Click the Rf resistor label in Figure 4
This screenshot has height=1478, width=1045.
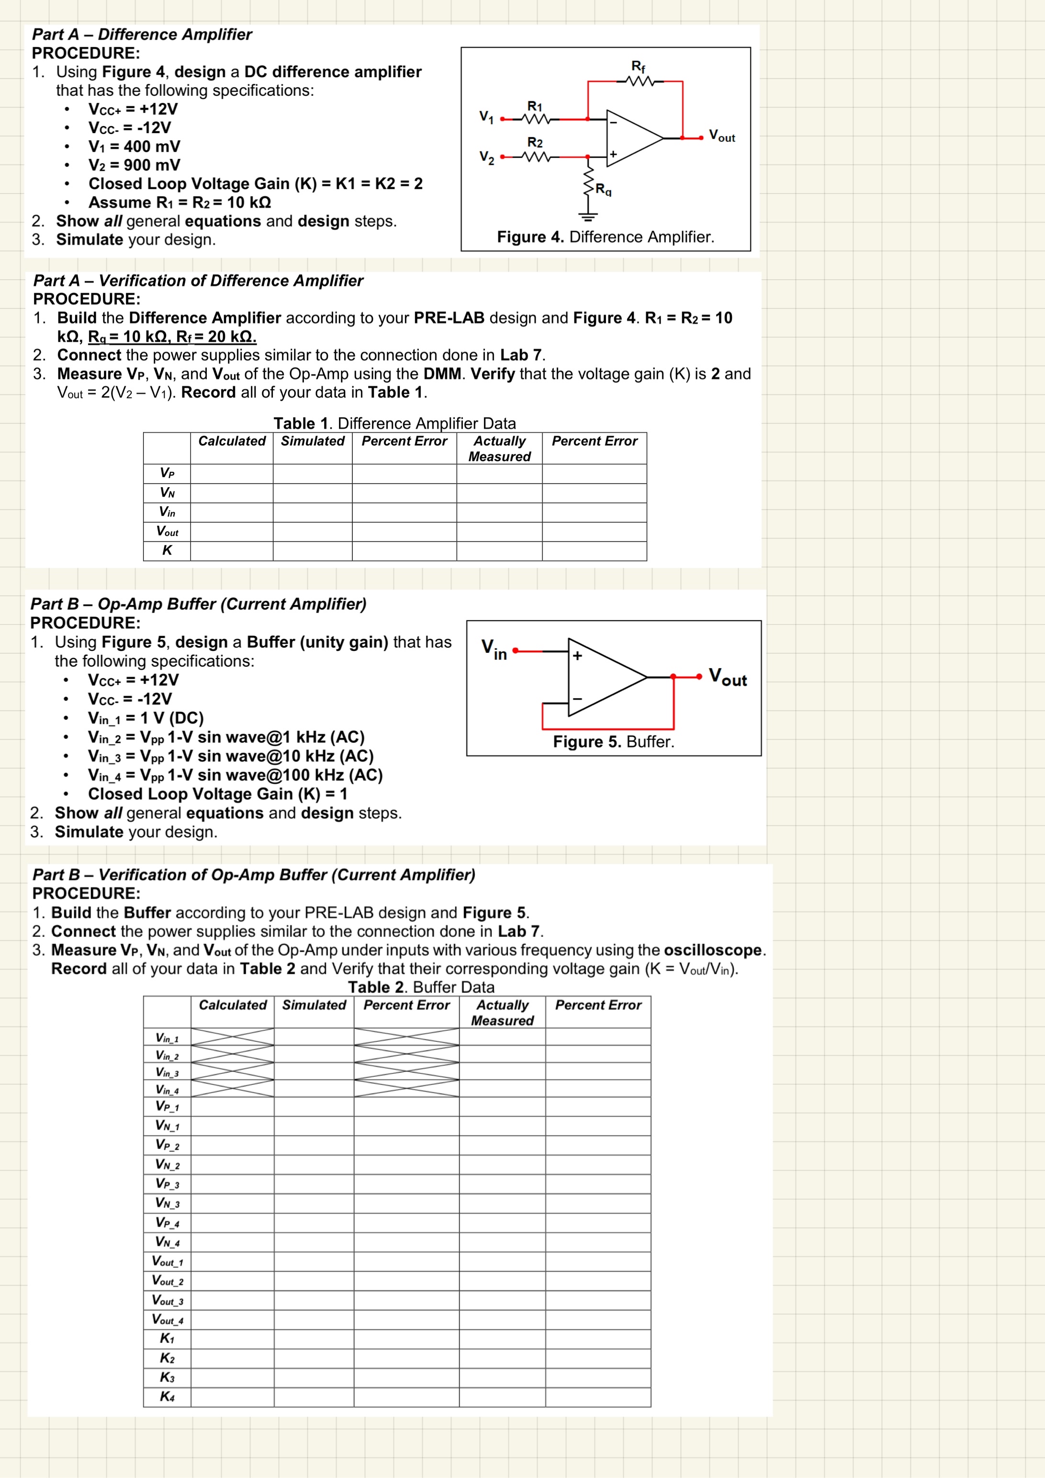pos(638,66)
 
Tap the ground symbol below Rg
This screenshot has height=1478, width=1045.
pos(587,217)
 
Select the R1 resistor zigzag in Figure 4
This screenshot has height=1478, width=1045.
pos(535,119)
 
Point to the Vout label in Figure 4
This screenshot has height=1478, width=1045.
pos(721,136)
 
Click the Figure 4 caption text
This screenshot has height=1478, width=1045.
pos(605,237)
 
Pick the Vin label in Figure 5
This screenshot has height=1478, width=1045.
pos(494,649)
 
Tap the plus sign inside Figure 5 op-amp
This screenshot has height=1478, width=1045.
pos(577,655)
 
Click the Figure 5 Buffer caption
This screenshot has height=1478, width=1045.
pos(613,741)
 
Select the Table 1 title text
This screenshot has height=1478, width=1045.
pos(394,423)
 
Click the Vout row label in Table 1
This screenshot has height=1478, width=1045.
pos(167,531)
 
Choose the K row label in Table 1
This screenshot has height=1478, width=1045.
pos(167,550)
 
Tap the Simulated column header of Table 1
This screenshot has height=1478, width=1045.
pos(313,441)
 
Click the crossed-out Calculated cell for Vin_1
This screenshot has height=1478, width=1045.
pos(232,1037)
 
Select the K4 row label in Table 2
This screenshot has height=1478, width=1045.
pos(167,1396)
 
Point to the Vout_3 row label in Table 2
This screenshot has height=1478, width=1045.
pos(167,1300)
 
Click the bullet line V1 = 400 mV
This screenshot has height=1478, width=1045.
pos(134,147)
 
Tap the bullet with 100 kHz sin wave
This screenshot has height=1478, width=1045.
pos(235,775)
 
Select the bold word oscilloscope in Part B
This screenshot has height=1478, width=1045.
pos(712,950)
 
